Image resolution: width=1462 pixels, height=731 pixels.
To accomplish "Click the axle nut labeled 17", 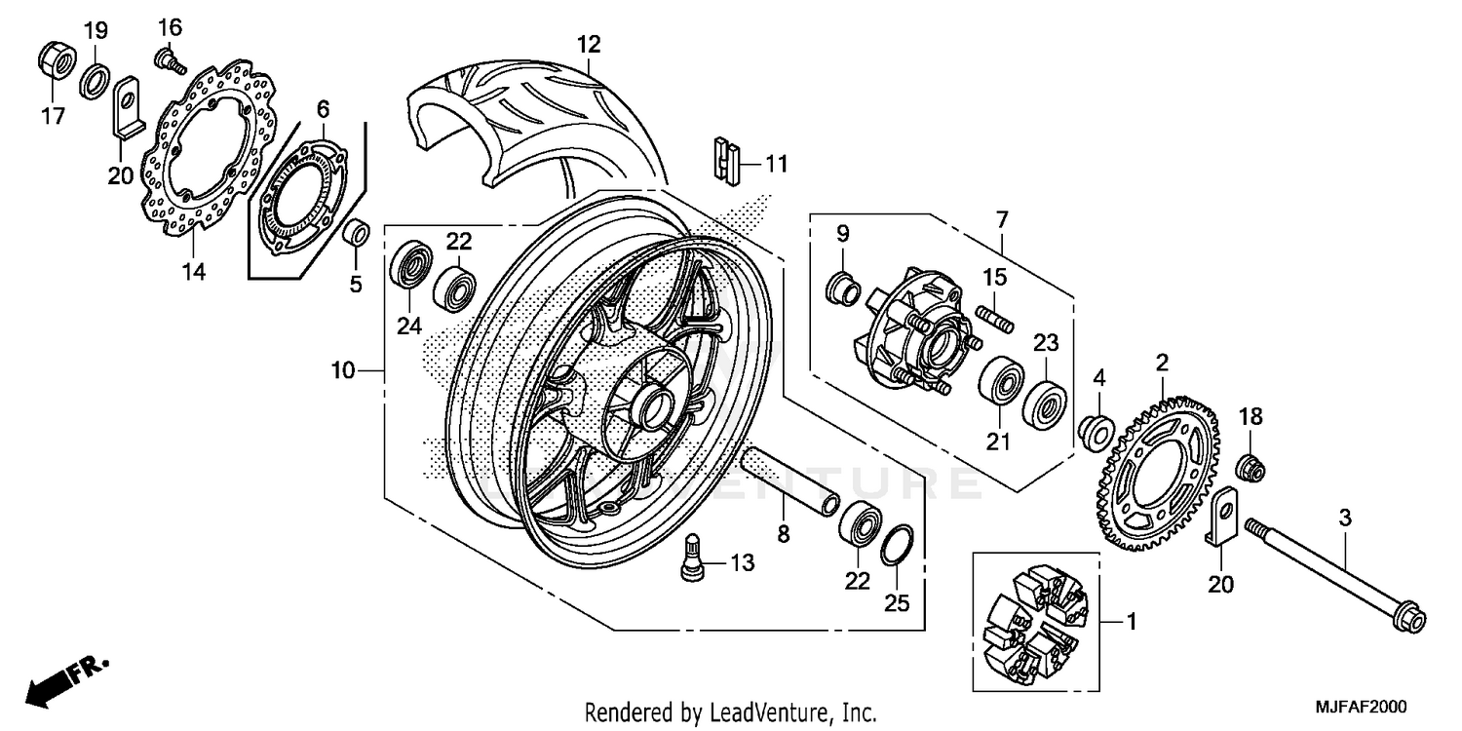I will [x=57, y=60].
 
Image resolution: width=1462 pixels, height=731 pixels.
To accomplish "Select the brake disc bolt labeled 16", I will [x=170, y=62].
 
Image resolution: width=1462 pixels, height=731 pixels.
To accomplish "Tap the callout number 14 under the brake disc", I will [x=193, y=272].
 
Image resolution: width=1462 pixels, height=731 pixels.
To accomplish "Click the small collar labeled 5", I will [x=359, y=235].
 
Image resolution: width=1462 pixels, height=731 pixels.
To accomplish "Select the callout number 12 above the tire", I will [x=588, y=44].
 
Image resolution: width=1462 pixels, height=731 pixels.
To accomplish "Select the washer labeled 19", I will [x=95, y=79].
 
